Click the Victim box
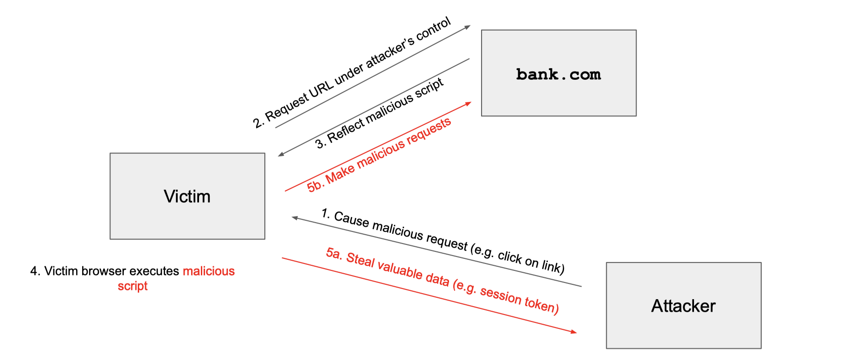[187, 196]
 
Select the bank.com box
[559, 73]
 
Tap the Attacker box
[683, 306]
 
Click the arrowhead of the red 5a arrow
[575, 332]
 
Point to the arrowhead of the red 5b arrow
[469, 103]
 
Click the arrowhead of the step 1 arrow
[294, 217]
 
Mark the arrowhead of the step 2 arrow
[468, 26]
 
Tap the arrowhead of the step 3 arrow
[281, 154]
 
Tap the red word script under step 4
[133, 286]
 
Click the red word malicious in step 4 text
[209, 271]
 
